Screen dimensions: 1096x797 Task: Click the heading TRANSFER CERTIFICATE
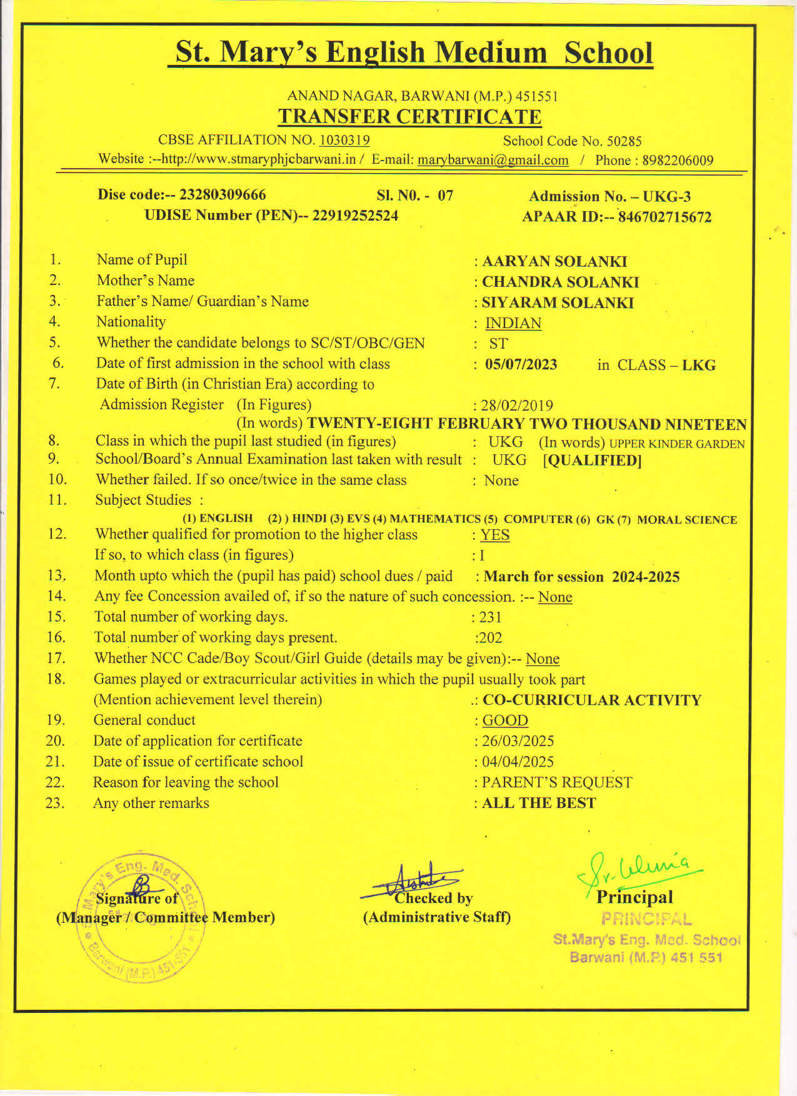409,117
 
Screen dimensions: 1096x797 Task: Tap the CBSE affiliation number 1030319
344,140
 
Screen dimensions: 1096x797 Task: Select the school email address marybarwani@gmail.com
493,160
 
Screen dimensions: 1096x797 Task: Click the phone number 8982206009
678,161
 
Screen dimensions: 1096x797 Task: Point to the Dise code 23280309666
223,195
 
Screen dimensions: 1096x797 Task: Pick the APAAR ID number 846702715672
665,217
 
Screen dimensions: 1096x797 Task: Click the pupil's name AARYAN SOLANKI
554,261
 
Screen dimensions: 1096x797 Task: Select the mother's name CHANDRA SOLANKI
560,282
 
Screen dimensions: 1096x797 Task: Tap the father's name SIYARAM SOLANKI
558,302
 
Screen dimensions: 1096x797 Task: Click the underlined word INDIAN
513,323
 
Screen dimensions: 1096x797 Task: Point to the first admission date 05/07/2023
521,364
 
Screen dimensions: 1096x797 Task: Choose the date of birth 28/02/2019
517,406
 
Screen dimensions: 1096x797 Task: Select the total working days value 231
490,617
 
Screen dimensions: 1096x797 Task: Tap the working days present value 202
490,638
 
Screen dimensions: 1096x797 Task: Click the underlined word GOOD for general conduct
505,720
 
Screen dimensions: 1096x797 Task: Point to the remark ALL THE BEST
539,803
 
